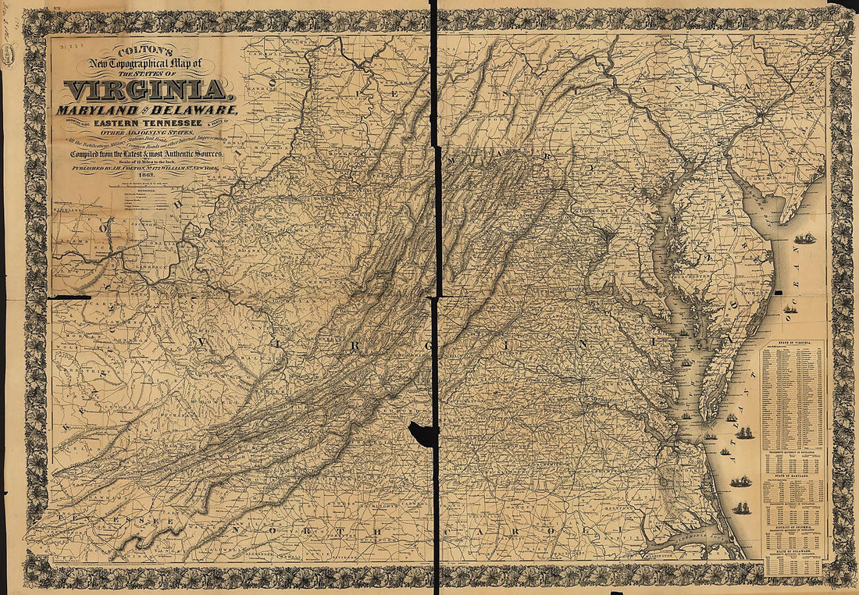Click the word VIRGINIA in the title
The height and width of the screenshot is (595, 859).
[x=146, y=90]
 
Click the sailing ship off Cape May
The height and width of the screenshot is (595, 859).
[x=804, y=238]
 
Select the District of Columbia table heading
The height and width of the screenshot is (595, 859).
[x=792, y=527]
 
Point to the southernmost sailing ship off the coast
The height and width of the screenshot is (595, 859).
[x=740, y=509]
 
